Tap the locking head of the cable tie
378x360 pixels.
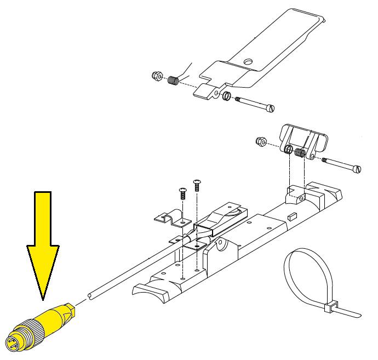[330, 308]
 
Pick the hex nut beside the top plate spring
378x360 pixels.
[156, 76]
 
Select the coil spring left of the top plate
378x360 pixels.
[173, 81]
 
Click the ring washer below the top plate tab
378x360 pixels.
[225, 97]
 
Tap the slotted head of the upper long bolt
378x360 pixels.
[270, 108]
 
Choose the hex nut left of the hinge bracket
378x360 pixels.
[261, 142]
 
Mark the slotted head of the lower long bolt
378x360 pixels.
[358, 169]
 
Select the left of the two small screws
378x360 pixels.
[182, 193]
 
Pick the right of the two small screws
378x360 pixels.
[197, 184]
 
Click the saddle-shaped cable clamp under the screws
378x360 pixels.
[171, 219]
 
